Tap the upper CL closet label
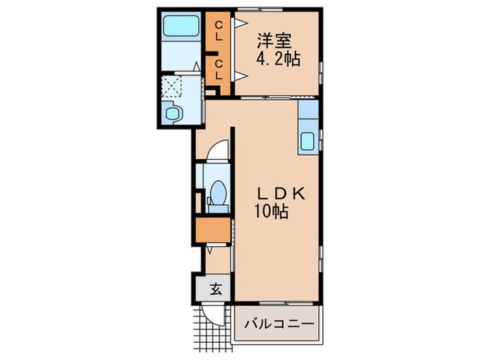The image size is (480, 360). [x=218, y=32]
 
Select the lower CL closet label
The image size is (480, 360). [x=218, y=71]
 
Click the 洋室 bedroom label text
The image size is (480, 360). [x=270, y=40]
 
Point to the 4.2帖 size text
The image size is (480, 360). [x=277, y=60]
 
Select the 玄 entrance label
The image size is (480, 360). [x=215, y=289]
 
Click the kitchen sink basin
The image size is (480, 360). [x=309, y=142]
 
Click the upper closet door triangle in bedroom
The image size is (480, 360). [x=239, y=23]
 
